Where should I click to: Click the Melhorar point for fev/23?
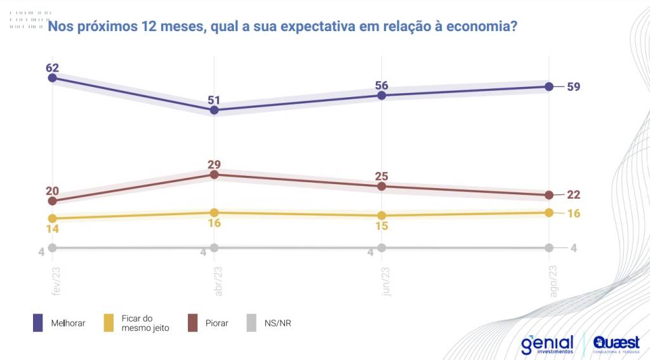tap(52, 77)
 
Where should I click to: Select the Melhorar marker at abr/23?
tap(215, 110)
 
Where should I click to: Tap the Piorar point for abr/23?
tap(215, 174)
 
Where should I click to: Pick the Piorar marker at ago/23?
tap(550, 194)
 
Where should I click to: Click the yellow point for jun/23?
tap(381, 215)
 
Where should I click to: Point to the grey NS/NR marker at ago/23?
tap(550, 248)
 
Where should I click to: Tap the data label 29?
tap(215, 164)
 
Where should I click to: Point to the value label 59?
tap(574, 86)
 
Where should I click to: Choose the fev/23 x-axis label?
tap(56, 279)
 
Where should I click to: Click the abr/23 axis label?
tap(218, 279)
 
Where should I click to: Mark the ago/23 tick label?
tap(553, 279)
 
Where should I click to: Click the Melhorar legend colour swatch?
tap(37, 323)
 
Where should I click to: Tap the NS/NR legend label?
tap(278, 323)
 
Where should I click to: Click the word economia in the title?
tap(479, 27)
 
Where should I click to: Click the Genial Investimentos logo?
tap(547, 345)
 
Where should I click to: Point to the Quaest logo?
tap(616, 343)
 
